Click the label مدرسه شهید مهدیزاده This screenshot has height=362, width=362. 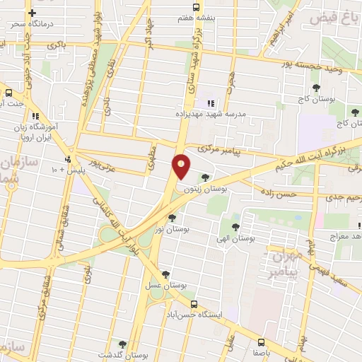point(209,113)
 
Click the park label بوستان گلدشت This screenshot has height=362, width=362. point(122,355)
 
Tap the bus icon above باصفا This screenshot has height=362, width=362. point(263,337)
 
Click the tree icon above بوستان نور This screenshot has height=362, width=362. point(173,218)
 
